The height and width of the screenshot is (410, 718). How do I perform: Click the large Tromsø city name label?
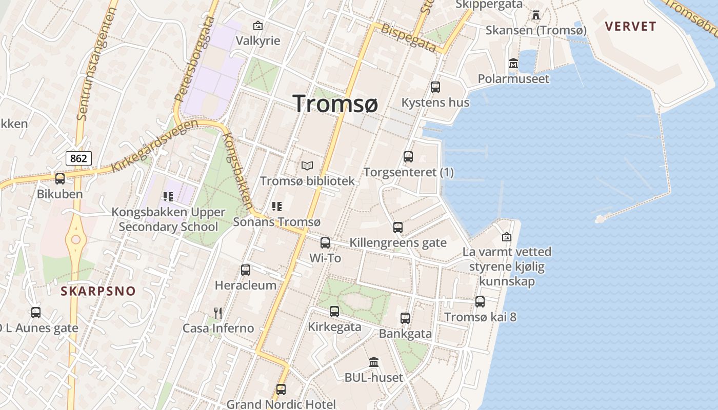[336, 104]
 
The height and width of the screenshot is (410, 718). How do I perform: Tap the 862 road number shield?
[78, 158]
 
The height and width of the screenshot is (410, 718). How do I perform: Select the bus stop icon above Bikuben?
[60, 179]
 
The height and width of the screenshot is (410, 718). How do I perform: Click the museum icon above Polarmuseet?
[513, 64]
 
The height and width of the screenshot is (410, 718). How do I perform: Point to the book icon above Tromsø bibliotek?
[307, 166]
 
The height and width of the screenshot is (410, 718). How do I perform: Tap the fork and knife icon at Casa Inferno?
[218, 313]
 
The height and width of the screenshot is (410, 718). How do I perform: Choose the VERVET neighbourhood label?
[630, 27]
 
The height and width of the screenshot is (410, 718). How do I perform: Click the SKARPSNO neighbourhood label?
[98, 292]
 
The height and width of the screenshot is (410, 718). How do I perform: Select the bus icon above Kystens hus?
[435, 87]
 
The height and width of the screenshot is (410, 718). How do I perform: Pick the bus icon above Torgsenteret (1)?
[408, 157]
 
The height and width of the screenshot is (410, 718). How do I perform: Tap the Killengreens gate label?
[398, 242]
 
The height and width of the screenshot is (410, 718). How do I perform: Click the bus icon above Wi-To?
[325, 243]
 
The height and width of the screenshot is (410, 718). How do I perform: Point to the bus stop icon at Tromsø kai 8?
[480, 302]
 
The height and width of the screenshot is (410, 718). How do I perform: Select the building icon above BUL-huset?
[374, 362]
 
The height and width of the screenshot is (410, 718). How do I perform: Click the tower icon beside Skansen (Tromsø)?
[536, 15]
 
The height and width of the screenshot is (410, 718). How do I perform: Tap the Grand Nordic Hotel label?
[281, 404]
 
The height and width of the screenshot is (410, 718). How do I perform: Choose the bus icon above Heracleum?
[246, 270]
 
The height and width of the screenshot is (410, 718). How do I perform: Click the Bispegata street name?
[409, 37]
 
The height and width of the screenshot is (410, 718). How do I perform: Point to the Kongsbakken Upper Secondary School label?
[168, 219]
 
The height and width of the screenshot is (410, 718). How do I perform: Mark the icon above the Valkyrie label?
[257, 25]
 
